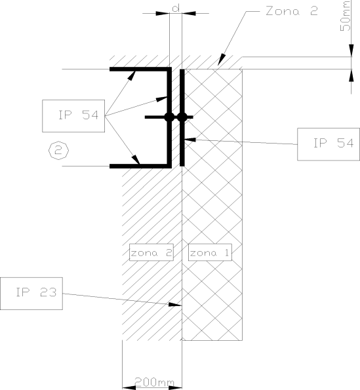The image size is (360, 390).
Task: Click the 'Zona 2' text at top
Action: pos(292,11)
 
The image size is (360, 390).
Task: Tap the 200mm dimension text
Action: pos(154,381)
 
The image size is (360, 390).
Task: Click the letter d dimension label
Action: pos(176,8)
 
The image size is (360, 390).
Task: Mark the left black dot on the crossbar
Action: pos(169,117)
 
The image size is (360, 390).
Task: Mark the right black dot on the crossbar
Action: pos(182,117)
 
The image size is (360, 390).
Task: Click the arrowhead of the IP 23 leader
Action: pos(175,304)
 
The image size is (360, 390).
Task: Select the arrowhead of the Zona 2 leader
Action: pos(222,60)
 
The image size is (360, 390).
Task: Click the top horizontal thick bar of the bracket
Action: pos(140,69)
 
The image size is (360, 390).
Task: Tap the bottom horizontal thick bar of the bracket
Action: pos(140,166)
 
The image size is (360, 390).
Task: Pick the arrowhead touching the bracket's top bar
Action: pos(131,75)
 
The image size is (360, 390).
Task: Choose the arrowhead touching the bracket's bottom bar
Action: pos(136,159)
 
